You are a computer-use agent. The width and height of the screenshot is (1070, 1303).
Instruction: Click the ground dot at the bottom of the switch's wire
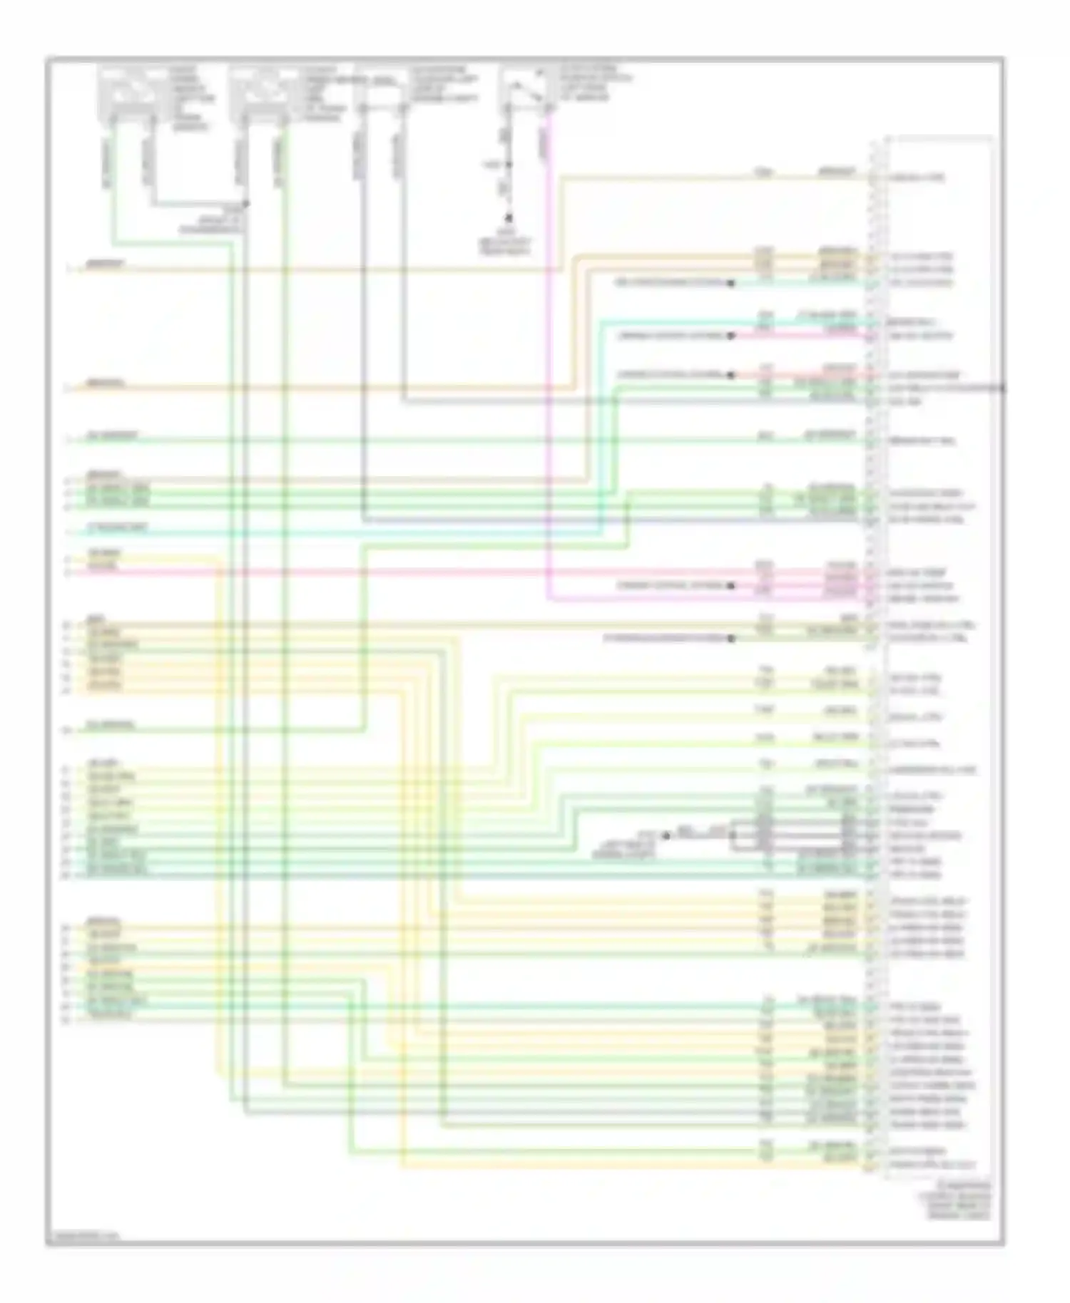(x=509, y=218)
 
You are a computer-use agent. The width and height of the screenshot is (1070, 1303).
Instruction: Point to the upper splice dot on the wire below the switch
(x=509, y=165)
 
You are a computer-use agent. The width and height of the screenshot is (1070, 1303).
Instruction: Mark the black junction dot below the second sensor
(x=245, y=204)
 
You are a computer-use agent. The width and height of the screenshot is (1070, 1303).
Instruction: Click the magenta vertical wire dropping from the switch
(x=549, y=356)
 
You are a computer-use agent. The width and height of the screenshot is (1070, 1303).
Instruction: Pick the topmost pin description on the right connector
(x=916, y=177)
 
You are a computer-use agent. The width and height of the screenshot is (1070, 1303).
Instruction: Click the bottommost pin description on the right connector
(x=932, y=1165)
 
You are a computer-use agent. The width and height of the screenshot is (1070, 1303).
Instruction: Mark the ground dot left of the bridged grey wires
(x=666, y=835)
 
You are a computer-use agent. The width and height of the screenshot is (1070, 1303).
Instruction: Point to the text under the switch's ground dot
(x=505, y=242)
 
